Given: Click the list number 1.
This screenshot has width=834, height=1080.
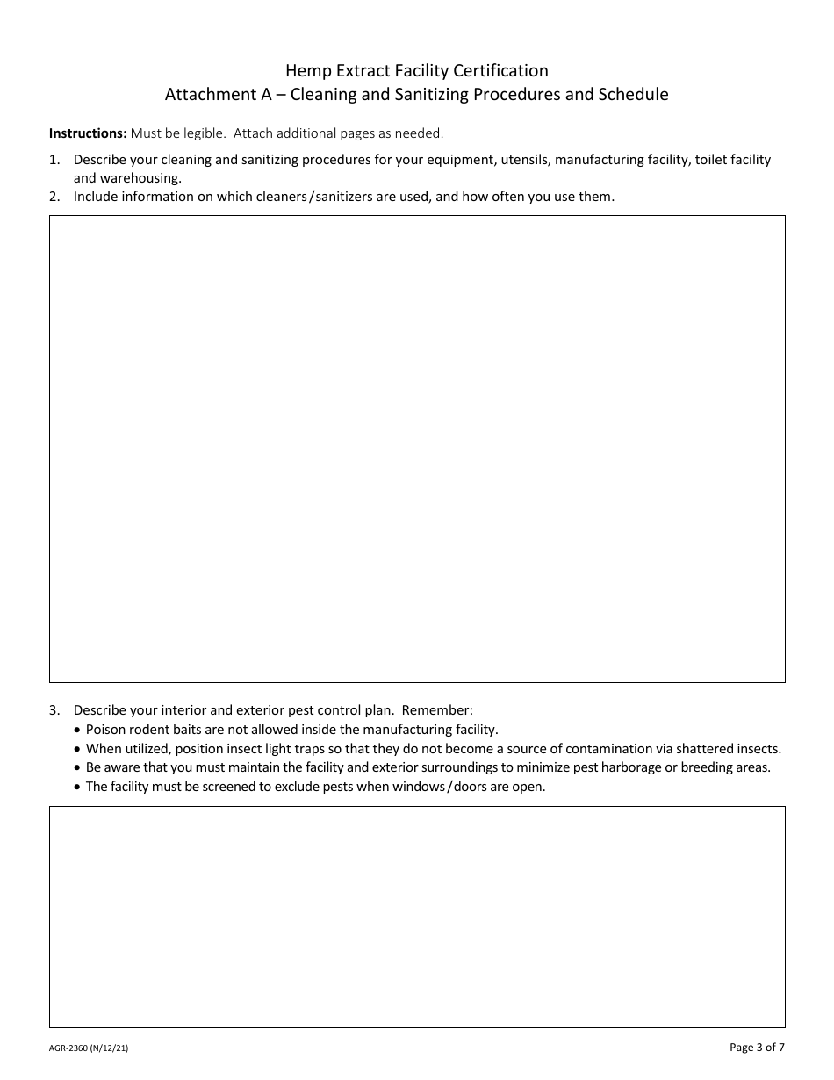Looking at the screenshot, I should [x=54, y=160].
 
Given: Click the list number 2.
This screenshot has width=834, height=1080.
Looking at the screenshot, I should [x=54, y=197].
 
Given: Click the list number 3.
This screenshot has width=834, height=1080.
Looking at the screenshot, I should [x=54, y=710].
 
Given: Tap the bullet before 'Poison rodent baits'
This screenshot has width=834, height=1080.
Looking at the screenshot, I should [x=78, y=731].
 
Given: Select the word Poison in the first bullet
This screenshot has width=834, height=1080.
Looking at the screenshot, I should [x=106, y=730].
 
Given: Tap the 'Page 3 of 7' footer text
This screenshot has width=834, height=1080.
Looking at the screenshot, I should [x=757, y=1047].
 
